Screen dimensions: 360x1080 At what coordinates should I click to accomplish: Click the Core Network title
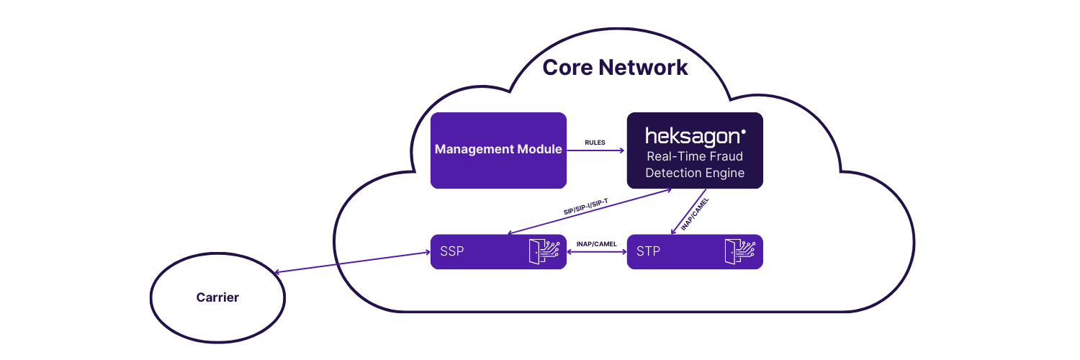tap(615, 68)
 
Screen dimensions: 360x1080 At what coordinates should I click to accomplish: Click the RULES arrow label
tap(595, 143)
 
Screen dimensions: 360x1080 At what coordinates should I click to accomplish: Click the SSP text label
tap(452, 252)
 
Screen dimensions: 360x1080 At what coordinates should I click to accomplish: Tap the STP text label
tap(648, 252)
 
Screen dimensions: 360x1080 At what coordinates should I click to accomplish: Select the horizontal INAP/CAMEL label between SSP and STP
tap(597, 243)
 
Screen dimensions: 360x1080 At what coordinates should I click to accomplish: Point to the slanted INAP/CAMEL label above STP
tap(695, 212)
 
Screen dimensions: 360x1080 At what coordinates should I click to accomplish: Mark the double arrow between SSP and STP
tap(597, 252)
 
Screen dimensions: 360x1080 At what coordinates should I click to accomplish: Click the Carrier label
tap(217, 297)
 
